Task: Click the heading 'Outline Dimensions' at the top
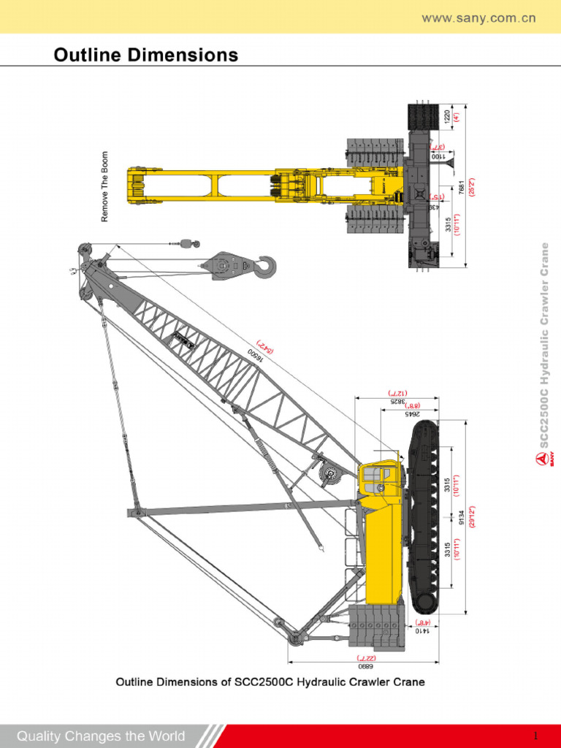click(x=146, y=55)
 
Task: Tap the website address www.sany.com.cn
click(x=478, y=18)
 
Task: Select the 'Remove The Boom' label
click(x=104, y=186)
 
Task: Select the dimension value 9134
click(x=461, y=515)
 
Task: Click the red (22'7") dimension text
click(x=364, y=657)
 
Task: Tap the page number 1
click(x=535, y=735)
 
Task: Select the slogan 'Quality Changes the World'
click(x=101, y=736)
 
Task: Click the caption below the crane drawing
click(x=270, y=682)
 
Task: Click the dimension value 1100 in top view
click(x=436, y=156)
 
